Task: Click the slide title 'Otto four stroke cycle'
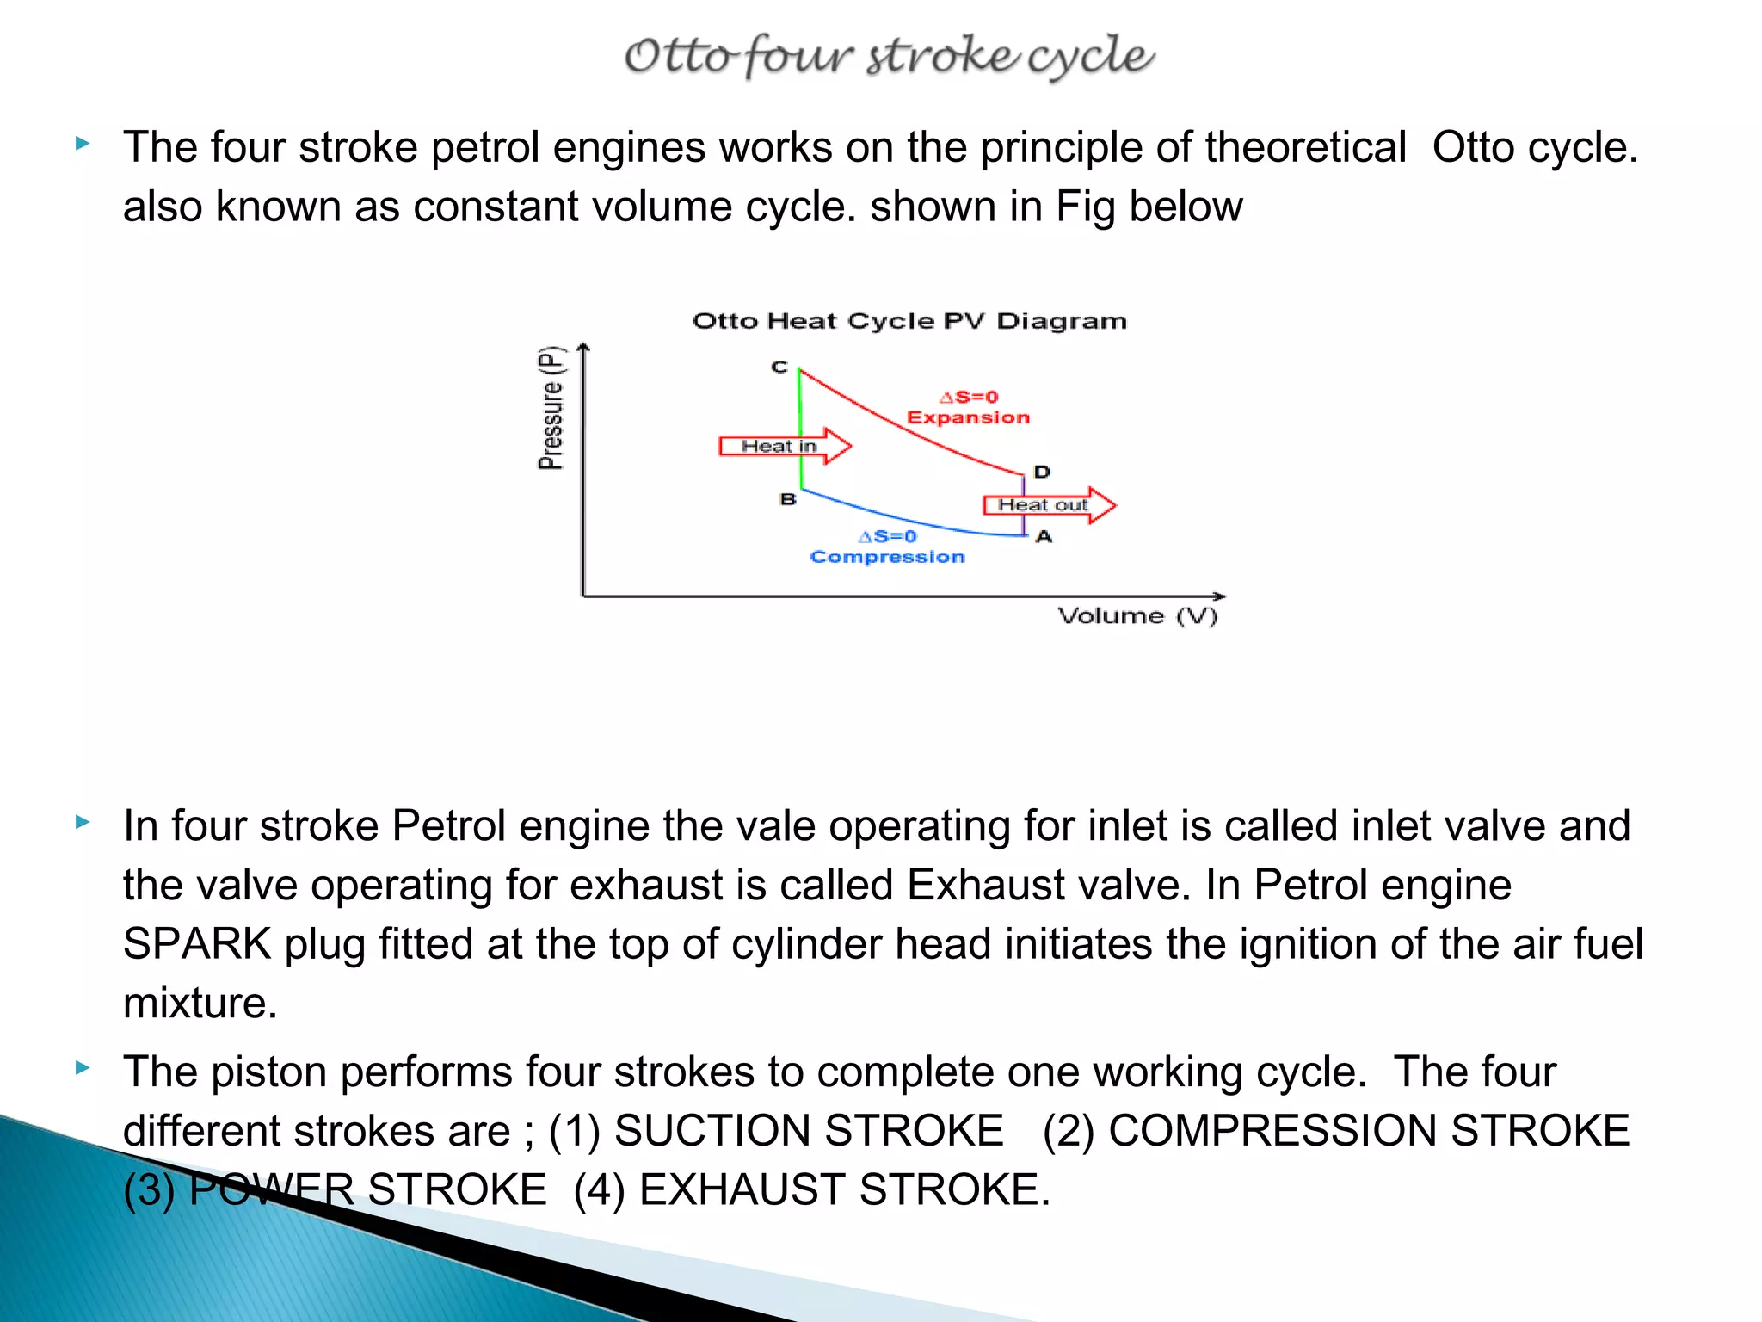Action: pyautogui.click(x=889, y=56)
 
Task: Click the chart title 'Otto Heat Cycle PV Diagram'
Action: pyautogui.click(x=909, y=322)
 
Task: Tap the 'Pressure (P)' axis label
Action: pyautogui.click(x=551, y=408)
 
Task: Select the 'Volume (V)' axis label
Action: pyautogui.click(x=1137, y=616)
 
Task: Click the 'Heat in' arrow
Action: pyautogui.click(x=783, y=446)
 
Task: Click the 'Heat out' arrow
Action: pyautogui.click(x=1047, y=505)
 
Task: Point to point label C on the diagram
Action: pyautogui.click(x=779, y=367)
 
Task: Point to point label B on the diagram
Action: pyautogui.click(x=788, y=499)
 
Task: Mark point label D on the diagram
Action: pyautogui.click(x=1042, y=472)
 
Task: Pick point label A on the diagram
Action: pyautogui.click(x=1044, y=537)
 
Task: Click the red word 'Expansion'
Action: pyautogui.click(x=968, y=417)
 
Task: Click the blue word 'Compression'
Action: pyautogui.click(x=887, y=557)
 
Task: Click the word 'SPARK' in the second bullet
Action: pyautogui.click(x=197, y=944)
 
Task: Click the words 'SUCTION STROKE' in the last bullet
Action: pyautogui.click(x=809, y=1131)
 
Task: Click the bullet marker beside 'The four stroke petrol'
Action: pyautogui.click(x=83, y=143)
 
